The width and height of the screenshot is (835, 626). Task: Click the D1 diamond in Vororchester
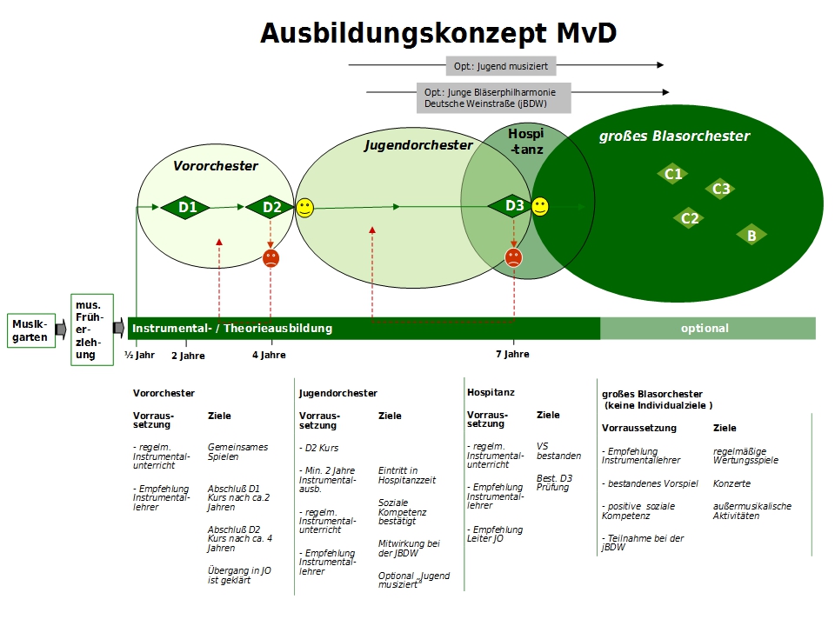pyautogui.click(x=187, y=207)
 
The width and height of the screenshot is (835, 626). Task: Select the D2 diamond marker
pyautogui.click(x=271, y=207)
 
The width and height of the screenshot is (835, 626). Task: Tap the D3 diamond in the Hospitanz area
pyautogui.click(x=514, y=206)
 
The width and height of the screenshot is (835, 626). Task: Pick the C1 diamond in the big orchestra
pyautogui.click(x=673, y=174)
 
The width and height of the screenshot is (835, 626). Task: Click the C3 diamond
pyautogui.click(x=720, y=189)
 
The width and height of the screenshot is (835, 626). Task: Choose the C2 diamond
pyautogui.click(x=689, y=218)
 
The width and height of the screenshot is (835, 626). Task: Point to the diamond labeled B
pyautogui.click(x=751, y=235)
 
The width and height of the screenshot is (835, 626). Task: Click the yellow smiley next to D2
pyautogui.click(x=304, y=208)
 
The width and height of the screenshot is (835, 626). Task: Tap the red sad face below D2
pyautogui.click(x=271, y=258)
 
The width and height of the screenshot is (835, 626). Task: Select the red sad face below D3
pyautogui.click(x=514, y=257)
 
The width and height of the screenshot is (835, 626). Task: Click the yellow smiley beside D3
pyautogui.click(x=540, y=206)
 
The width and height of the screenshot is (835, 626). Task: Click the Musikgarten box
pyautogui.click(x=30, y=330)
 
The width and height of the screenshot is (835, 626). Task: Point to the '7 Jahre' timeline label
pyautogui.click(x=512, y=354)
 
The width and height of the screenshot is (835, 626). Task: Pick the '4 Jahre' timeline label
pyautogui.click(x=269, y=355)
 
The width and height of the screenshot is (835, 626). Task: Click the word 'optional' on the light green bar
pyautogui.click(x=705, y=329)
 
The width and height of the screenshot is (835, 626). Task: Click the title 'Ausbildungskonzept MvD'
pyautogui.click(x=438, y=33)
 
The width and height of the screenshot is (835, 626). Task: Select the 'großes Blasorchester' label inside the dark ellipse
pyautogui.click(x=674, y=136)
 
